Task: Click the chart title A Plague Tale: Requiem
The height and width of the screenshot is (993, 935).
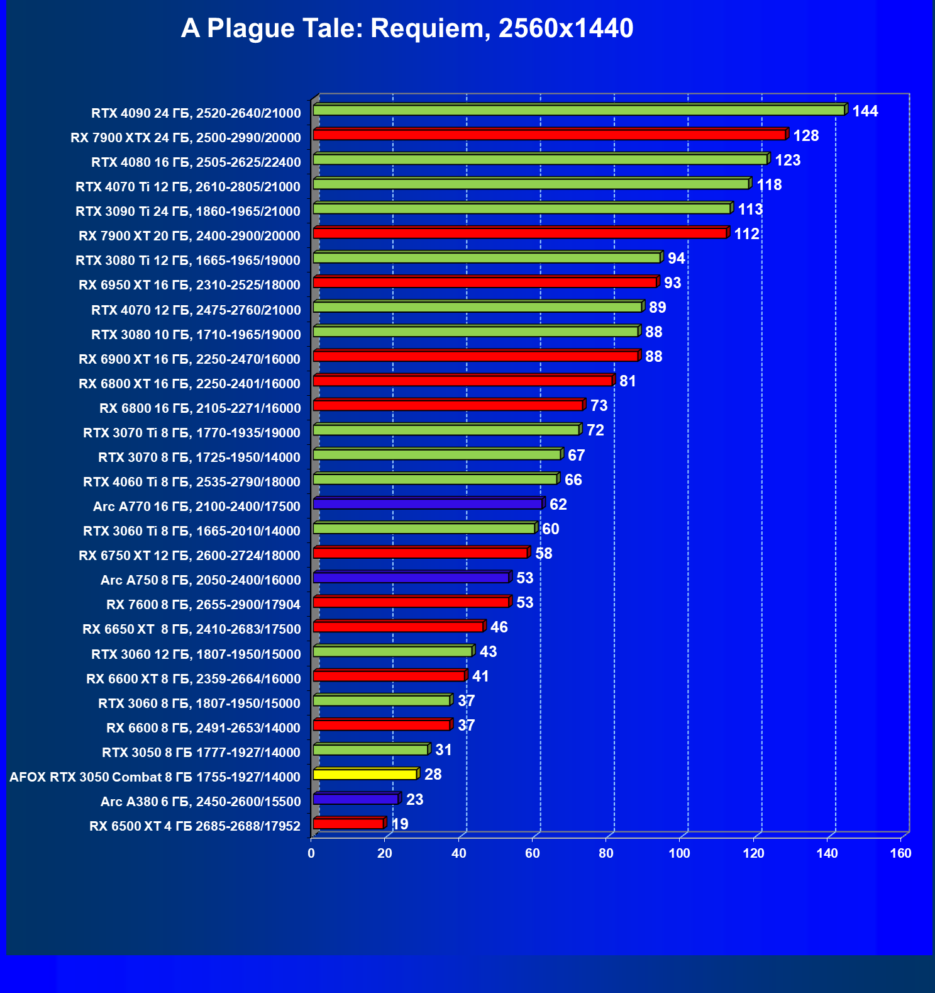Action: [407, 29]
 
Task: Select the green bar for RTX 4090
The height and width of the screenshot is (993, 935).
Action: [578, 110]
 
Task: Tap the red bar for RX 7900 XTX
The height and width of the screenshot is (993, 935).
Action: [549, 135]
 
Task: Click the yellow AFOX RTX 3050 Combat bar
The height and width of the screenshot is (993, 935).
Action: [365, 774]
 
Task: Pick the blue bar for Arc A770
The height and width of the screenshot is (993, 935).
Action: [428, 503]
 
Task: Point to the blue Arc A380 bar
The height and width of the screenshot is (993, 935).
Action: [355, 799]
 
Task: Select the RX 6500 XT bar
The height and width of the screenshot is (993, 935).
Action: [348, 823]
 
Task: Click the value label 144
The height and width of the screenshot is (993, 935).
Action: [865, 111]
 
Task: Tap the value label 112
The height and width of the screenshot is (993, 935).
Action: [746, 234]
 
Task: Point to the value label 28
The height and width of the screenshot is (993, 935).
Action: [433, 774]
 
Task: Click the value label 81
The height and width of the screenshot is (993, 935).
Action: [627, 381]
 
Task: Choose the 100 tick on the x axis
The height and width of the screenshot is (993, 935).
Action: [679, 853]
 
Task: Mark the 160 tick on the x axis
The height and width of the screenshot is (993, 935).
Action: [900, 853]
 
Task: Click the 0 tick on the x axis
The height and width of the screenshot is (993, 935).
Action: [311, 853]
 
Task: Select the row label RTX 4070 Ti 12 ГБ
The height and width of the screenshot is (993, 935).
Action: [188, 186]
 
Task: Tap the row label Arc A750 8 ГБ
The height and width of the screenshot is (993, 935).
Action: [201, 580]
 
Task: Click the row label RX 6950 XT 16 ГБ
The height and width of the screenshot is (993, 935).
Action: [189, 284]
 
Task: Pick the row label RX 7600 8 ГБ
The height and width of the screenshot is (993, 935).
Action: [203, 604]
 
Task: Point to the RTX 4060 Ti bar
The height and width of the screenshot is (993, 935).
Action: [435, 479]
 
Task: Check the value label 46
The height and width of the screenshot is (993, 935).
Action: [499, 627]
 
